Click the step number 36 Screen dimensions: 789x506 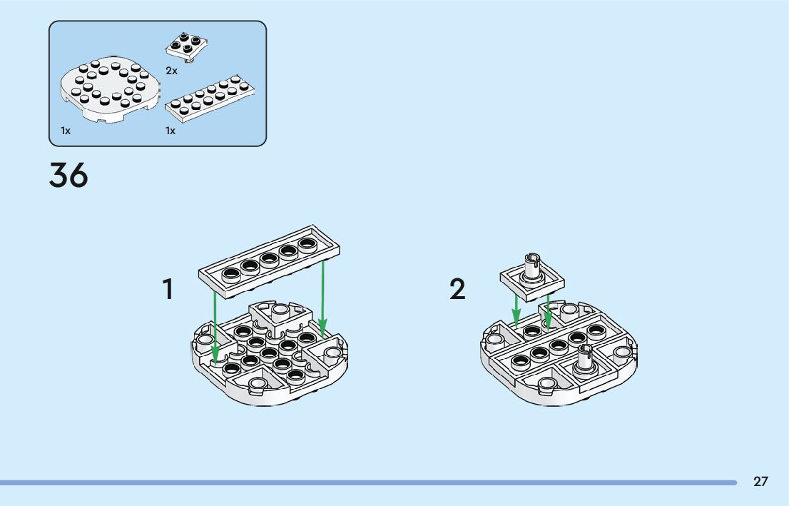click(68, 176)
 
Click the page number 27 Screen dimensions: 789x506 click(760, 482)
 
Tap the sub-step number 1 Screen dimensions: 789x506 click(168, 290)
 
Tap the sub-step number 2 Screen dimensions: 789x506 click(457, 290)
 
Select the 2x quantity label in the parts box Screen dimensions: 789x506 click(171, 71)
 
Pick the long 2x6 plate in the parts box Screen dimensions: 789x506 click(211, 99)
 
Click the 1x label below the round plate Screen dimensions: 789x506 click(66, 131)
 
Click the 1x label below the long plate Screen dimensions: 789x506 click(170, 131)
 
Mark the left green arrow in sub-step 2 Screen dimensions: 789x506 click(516, 307)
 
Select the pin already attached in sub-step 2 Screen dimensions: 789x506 click(584, 356)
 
